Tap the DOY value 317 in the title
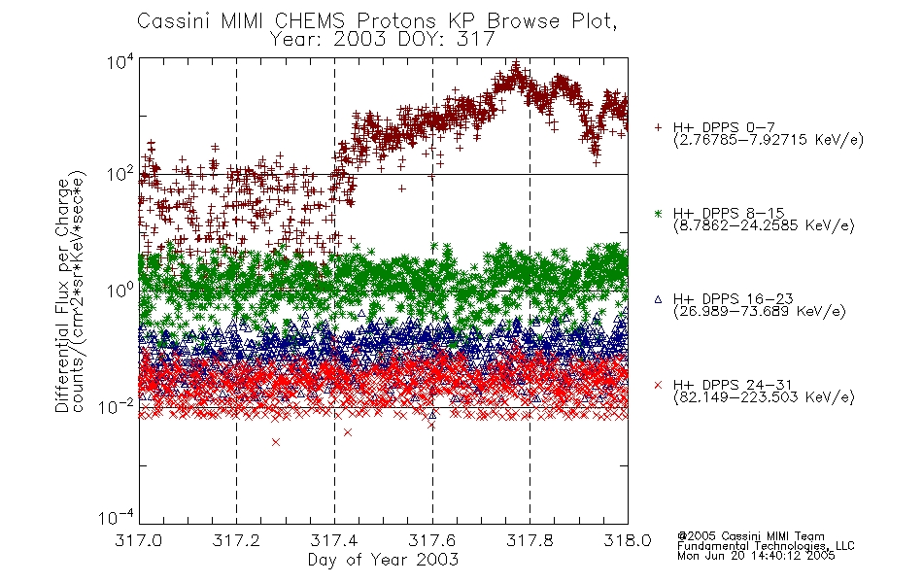pos(475,39)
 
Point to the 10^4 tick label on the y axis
pos(120,61)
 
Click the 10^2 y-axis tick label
pos(120,175)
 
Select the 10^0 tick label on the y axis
pos(120,291)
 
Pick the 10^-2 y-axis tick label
pos(118,406)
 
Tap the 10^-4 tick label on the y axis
pos(118,518)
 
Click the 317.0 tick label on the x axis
pos(139,540)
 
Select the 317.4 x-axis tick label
pos(334,540)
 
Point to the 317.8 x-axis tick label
pos(530,540)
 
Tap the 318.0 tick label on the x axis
pos(628,540)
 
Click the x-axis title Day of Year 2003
pos(383,560)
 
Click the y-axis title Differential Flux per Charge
pos(63,295)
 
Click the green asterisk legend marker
pos(658,214)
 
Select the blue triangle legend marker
pos(658,299)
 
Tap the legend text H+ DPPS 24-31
pos(733,385)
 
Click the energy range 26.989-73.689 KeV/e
pos(760,311)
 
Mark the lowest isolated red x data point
pos(276,442)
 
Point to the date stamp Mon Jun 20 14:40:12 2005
pos(756,556)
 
